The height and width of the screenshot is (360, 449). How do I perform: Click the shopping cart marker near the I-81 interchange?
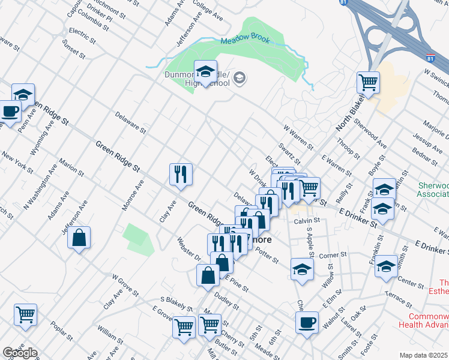(368, 82)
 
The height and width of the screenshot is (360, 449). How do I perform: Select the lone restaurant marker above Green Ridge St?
(181, 174)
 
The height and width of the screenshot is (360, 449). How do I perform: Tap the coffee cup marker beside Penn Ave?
(10, 111)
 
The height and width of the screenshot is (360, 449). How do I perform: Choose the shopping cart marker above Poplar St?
(25, 314)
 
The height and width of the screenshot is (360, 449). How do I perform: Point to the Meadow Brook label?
(245, 41)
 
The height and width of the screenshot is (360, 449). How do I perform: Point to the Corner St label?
(330, 256)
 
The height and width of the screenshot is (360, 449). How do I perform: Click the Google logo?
(19, 353)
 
